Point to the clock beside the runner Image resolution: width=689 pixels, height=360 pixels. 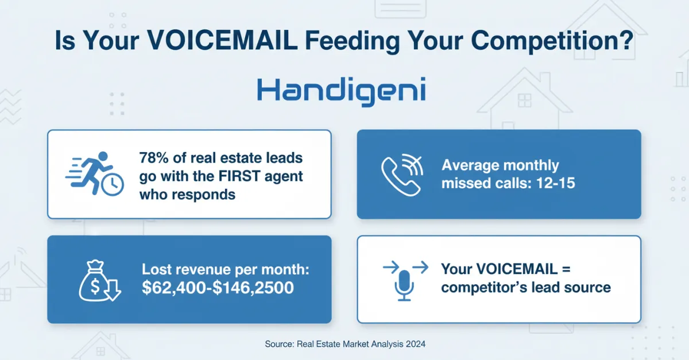click(113, 184)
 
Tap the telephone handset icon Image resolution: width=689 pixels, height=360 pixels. click(396, 173)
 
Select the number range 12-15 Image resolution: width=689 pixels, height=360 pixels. click(562, 184)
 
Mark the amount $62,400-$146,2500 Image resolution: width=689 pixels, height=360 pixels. click(218, 288)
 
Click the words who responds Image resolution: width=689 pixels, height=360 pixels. click(187, 194)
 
